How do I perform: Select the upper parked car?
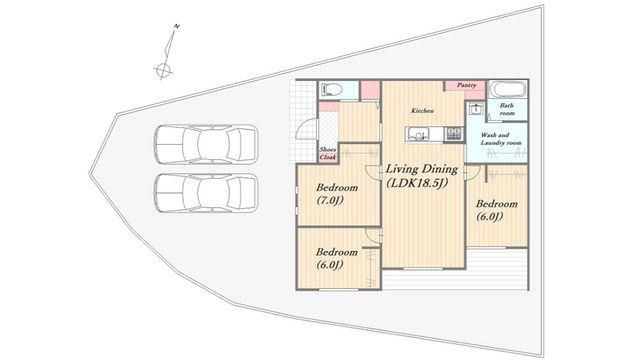point(206,144)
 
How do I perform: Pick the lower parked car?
point(206,193)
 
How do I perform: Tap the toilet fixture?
point(331,89)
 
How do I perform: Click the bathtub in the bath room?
point(508,89)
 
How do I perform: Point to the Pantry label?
point(466,85)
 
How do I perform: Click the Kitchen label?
point(422,111)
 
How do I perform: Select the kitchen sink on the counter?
point(418,134)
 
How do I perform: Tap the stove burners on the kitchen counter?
point(453,134)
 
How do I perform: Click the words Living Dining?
point(422,169)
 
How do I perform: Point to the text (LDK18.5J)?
point(417,183)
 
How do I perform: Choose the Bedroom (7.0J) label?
point(337,194)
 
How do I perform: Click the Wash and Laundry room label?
point(501,139)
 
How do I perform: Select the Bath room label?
point(507,109)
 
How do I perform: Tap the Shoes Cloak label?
point(328,153)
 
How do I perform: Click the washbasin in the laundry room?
point(476,109)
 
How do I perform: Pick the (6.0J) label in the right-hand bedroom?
point(489,217)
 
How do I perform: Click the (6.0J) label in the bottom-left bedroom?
point(329,265)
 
